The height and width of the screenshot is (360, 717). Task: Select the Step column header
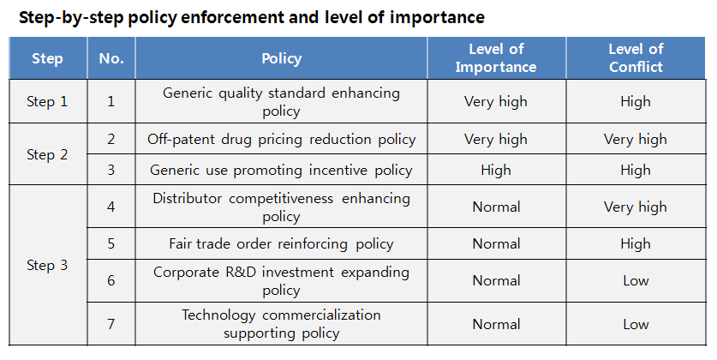[x=47, y=59]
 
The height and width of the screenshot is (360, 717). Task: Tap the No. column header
[x=111, y=59]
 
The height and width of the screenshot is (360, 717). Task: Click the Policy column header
[x=282, y=59]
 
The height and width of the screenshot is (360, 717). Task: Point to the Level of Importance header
[x=496, y=58]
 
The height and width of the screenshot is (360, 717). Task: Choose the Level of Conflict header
[x=636, y=58]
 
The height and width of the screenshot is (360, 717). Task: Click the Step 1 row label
[x=47, y=101]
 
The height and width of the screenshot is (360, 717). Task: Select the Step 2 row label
[x=47, y=155]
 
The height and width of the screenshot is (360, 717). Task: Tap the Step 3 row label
[x=47, y=266]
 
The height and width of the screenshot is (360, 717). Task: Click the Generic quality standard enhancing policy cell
[x=282, y=101]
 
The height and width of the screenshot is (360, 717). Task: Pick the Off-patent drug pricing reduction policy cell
[x=282, y=139]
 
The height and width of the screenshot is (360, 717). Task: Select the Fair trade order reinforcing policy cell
[x=282, y=243]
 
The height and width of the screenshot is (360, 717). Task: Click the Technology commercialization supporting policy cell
[x=282, y=324]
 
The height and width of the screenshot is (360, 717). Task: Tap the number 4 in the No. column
[x=111, y=207]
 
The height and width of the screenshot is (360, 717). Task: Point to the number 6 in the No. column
[x=111, y=280]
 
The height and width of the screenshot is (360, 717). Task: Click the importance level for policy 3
[x=496, y=170]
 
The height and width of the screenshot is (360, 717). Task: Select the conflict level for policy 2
[x=636, y=139]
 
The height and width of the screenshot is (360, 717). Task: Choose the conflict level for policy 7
[x=636, y=324]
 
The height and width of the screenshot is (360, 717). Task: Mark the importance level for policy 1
[x=496, y=101]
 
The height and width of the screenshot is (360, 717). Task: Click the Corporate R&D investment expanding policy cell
[x=282, y=280]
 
